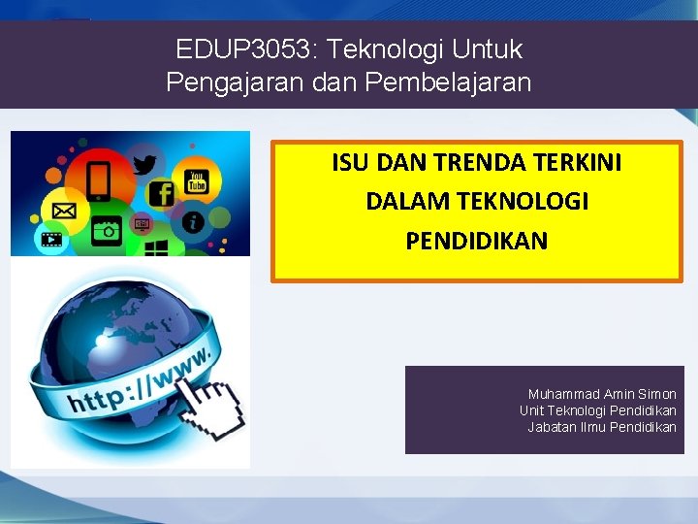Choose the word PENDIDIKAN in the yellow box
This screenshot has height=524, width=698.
(476, 241)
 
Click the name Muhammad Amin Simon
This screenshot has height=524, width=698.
(602, 394)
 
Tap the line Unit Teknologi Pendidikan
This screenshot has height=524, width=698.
(597, 410)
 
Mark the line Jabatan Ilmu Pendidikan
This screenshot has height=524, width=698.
(601, 427)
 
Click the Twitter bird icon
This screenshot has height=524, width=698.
(144, 164)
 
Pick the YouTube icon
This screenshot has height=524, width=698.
(197, 179)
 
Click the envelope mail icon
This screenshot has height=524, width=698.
(64, 210)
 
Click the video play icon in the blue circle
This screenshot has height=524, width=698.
(50, 239)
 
